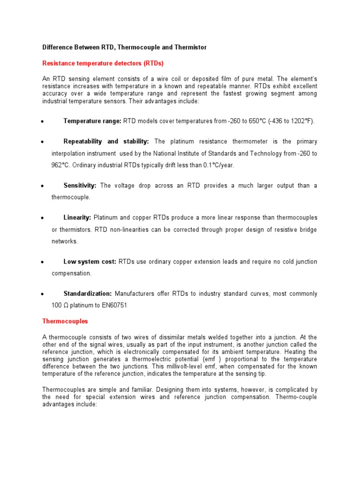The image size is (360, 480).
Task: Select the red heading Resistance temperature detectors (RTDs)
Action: coord(103,63)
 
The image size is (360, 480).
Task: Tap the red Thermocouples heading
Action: coord(65,322)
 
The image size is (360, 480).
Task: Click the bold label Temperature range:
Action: coord(92,121)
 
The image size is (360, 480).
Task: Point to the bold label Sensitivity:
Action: coord(80,186)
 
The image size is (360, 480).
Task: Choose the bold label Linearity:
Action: coord(78,217)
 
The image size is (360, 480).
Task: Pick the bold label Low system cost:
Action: coord(90,262)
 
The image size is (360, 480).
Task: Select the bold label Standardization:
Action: coord(88,293)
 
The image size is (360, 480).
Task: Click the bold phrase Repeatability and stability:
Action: coord(106,142)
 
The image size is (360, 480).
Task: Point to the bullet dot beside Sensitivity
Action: coord(42,186)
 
